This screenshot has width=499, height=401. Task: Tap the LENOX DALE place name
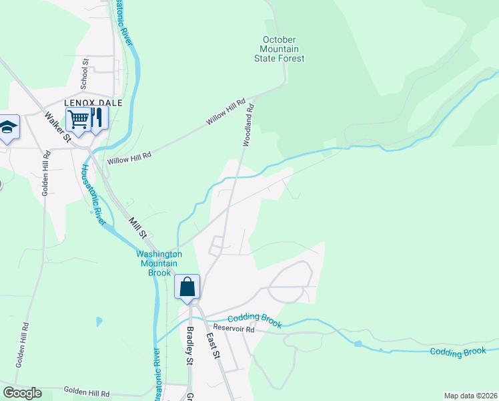(x=87, y=103)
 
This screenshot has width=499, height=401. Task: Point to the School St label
(x=85, y=73)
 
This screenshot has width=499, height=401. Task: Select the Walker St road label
(x=57, y=126)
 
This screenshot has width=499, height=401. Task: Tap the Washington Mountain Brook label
(x=159, y=263)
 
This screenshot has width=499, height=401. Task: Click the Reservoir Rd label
(x=240, y=329)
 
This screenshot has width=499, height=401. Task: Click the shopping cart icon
(x=79, y=121)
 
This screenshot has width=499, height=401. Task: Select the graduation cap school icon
(x=7, y=128)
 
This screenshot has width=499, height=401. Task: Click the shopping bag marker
(x=187, y=287)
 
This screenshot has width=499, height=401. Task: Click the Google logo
(x=23, y=394)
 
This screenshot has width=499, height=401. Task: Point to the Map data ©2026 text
(x=470, y=396)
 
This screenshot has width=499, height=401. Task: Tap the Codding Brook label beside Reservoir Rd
(x=254, y=321)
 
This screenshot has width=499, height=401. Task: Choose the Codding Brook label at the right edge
(x=458, y=352)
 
